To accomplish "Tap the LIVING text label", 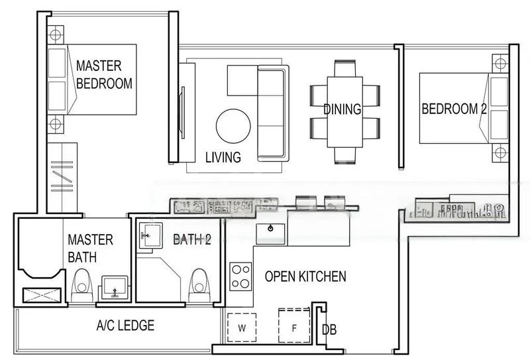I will click(x=222, y=157).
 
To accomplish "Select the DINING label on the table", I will click(x=342, y=109).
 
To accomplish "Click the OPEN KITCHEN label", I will click(x=305, y=276).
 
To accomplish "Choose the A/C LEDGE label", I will click(x=125, y=326).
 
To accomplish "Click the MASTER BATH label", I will click(x=90, y=248).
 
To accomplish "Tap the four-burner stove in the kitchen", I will click(x=240, y=276).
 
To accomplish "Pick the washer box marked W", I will click(x=241, y=328).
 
